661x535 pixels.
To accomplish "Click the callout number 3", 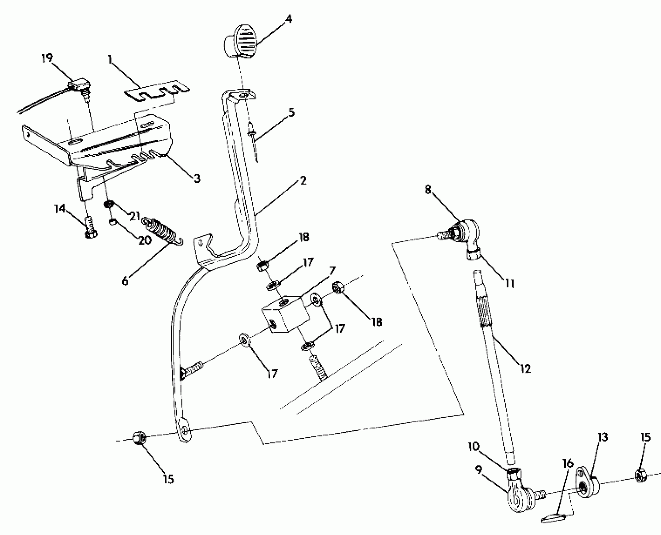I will [x=197, y=178].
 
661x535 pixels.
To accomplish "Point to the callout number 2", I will [x=303, y=181].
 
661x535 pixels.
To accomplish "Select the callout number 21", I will [x=135, y=217].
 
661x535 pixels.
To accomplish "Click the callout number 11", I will [x=509, y=284].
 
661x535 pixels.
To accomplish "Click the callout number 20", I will [x=145, y=240].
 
